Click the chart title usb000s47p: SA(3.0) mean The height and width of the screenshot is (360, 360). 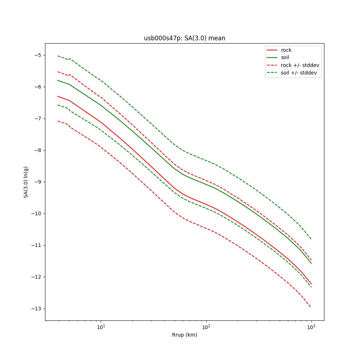(184, 38)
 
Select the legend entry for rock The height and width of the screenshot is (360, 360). (286, 50)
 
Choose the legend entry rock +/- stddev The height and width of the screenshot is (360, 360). (300, 65)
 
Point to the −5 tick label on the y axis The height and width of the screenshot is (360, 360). (37, 55)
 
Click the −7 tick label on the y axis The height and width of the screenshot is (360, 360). (37, 118)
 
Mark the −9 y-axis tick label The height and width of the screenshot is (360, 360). (37, 182)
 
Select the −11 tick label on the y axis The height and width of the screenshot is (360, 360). (36, 245)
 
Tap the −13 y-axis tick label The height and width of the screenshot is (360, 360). (36, 309)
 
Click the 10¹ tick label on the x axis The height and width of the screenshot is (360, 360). (101, 327)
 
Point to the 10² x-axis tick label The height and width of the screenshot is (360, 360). (206, 327)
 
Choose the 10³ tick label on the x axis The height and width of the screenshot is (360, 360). (311, 327)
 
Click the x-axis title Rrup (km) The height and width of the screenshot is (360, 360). (184, 335)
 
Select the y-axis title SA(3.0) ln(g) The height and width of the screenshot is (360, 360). (26, 182)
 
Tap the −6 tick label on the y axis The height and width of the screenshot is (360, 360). (37, 87)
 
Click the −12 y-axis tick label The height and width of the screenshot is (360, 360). (36, 277)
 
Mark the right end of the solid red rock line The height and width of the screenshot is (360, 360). (311, 284)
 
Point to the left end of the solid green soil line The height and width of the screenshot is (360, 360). (58, 80)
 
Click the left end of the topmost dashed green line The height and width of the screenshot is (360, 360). (58, 56)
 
